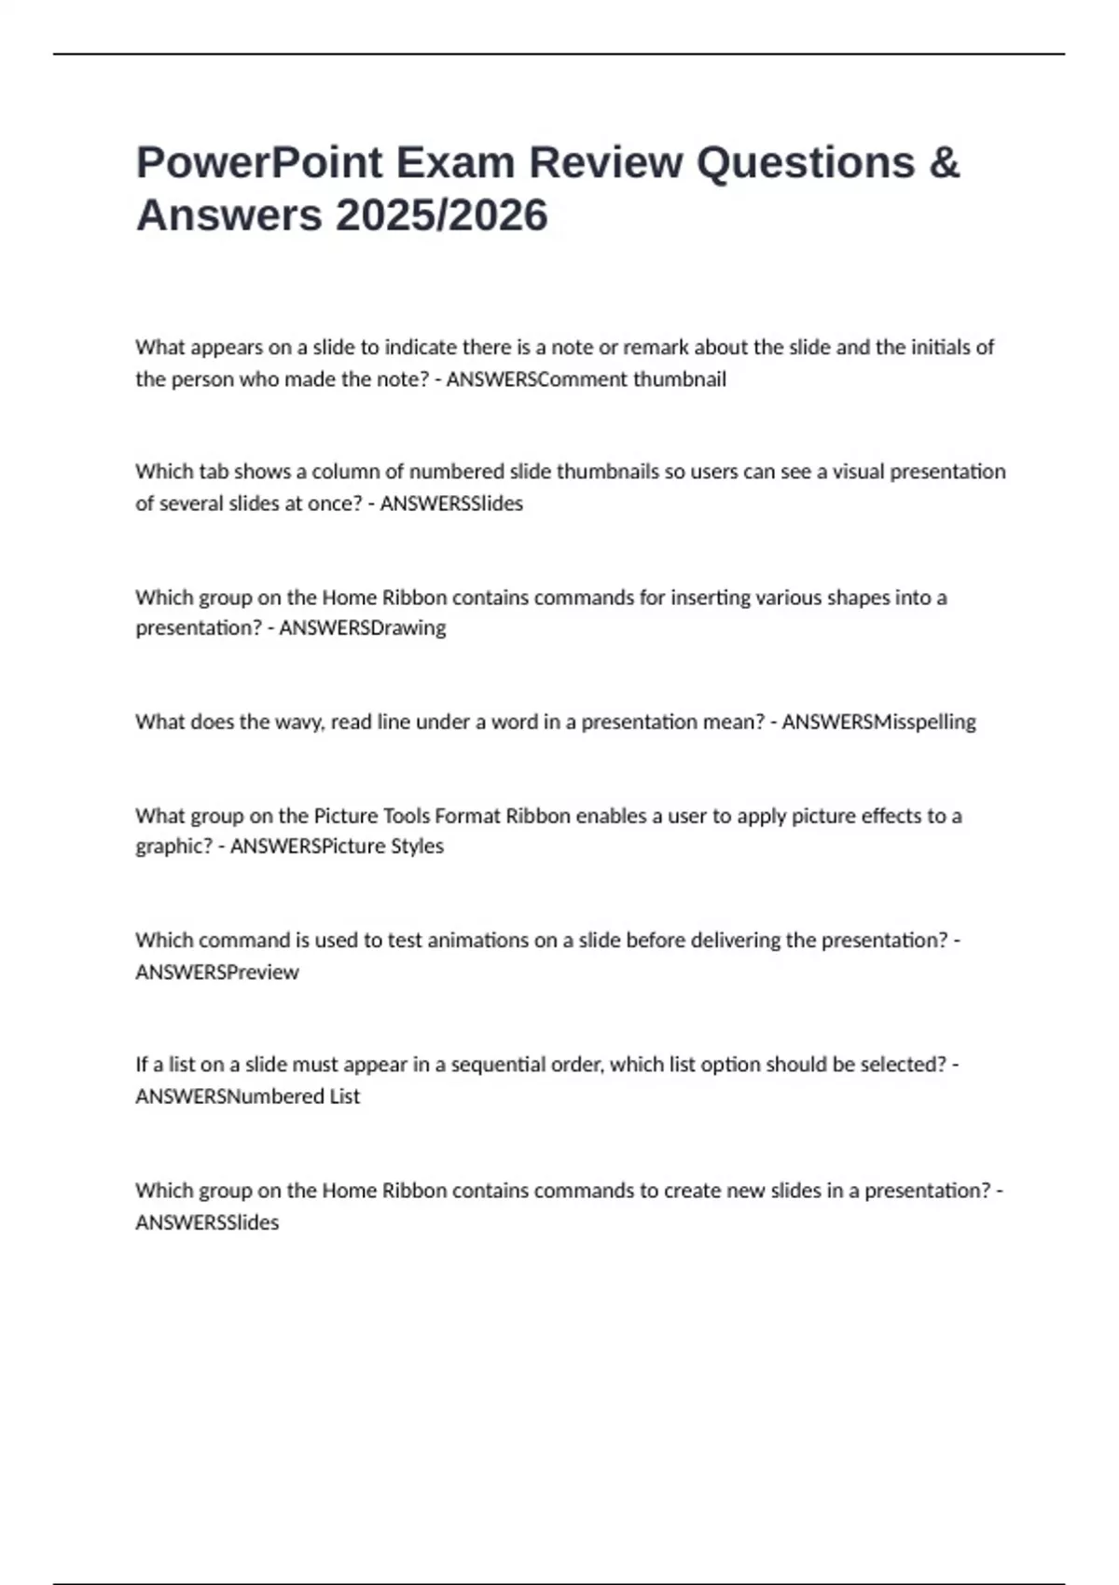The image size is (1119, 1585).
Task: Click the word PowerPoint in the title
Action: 259,163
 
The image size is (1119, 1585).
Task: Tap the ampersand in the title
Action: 944,163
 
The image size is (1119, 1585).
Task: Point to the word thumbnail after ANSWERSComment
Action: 680,379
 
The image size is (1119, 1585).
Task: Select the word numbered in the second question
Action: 457,472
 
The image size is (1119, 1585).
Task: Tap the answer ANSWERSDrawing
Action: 363,628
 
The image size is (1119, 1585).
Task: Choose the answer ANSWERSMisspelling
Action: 878,723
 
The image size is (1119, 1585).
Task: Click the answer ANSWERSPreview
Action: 217,972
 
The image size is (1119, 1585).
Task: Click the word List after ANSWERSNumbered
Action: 344,1096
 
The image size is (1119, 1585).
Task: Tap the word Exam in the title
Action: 455,163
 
